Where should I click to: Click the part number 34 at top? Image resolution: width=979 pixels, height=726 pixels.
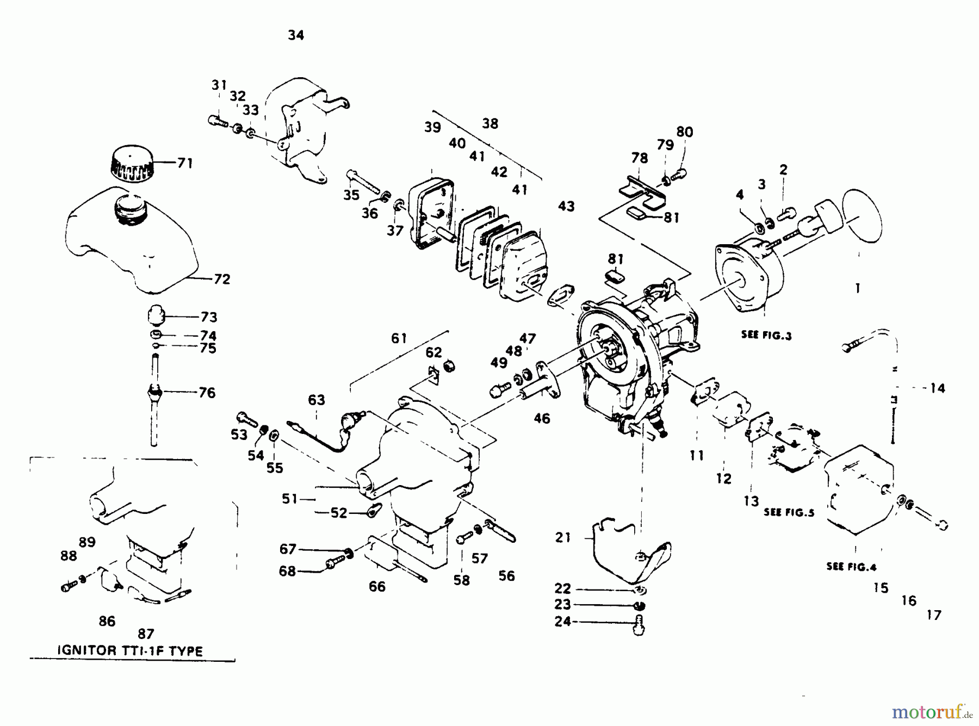pyautogui.click(x=296, y=35)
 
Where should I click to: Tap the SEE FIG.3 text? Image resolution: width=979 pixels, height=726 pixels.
pyautogui.click(x=766, y=335)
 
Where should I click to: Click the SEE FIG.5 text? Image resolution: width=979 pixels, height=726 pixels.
pyautogui.click(x=789, y=512)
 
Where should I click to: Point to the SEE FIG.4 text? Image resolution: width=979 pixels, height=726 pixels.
pyautogui.click(x=851, y=566)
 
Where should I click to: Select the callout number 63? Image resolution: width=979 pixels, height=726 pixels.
pyautogui.click(x=316, y=400)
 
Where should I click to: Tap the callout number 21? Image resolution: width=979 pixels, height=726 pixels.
pyautogui.click(x=563, y=537)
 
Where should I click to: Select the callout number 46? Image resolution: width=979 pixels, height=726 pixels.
pyautogui.click(x=542, y=418)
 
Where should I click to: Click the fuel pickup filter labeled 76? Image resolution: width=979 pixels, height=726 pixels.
pyautogui.click(x=155, y=392)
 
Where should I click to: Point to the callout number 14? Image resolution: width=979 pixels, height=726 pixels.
pyautogui.click(x=937, y=388)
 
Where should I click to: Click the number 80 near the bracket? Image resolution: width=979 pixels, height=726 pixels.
pyautogui.click(x=685, y=132)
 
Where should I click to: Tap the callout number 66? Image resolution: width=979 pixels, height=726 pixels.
pyautogui.click(x=377, y=586)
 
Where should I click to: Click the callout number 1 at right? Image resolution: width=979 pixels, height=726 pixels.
pyautogui.click(x=858, y=288)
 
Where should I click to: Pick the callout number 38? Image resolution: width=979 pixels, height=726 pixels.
pyautogui.click(x=490, y=123)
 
